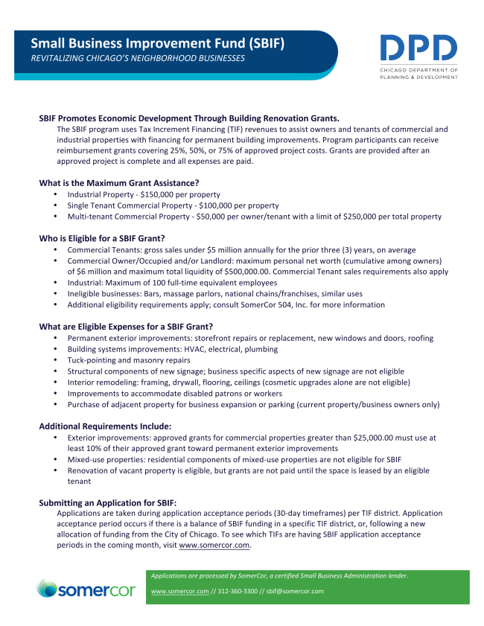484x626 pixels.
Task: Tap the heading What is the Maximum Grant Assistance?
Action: (x=118, y=182)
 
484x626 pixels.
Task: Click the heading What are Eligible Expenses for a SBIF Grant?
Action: (x=126, y=326)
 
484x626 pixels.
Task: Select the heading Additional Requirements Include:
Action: (x=105, y=427)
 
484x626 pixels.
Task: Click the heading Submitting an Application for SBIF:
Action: (x=107, y=502)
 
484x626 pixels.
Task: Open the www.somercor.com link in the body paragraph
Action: (x=214, y=546)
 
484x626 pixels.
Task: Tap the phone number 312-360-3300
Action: (x=239, y=591)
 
